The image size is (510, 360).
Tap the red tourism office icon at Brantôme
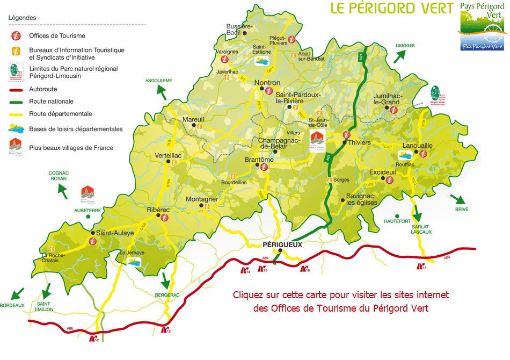coord(264,167)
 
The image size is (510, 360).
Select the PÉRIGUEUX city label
coord(282,244)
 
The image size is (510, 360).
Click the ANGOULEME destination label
coord(158,80)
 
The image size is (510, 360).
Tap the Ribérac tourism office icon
coord(165,218)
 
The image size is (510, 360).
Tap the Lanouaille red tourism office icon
coord(422,154)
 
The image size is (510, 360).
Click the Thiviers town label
coord(360,143)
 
